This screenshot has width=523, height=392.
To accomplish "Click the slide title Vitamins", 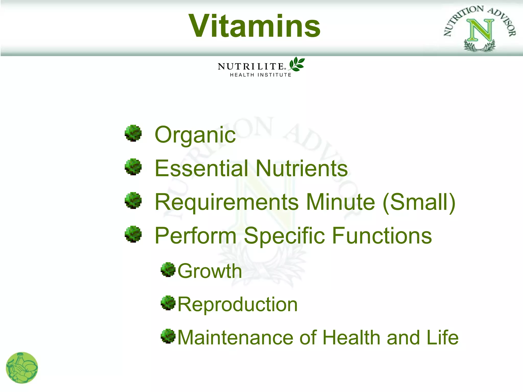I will click(255, 26).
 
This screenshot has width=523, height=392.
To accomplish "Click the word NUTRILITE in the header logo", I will click(251, 67).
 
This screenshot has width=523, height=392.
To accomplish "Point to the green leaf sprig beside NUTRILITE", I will click(297, 64).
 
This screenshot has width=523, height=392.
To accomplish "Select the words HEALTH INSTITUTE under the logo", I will click(260, 75).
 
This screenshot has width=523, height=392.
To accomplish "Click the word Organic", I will click(195, 135).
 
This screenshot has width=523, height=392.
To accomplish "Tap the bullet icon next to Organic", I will click(133, 133).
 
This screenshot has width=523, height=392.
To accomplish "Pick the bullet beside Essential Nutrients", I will click(133, 167).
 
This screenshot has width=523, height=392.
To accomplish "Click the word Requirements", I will click(226, 202).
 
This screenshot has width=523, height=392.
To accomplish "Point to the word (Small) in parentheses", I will click(419, 202).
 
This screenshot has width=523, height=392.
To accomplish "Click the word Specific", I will click(284, 236).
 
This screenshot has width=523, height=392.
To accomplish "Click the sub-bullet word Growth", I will click(210, 271).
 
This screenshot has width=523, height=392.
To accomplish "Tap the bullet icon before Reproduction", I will click(168, 303).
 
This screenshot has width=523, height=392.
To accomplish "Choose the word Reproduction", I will click(237, 304).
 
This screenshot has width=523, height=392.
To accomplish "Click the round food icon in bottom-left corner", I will click(22, 367).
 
